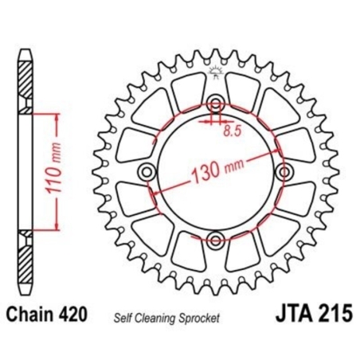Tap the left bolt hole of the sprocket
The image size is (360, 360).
pyautogui.click(x=146, y=173)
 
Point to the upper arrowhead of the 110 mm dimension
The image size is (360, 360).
pyautogui.click(x=57, y=116)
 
